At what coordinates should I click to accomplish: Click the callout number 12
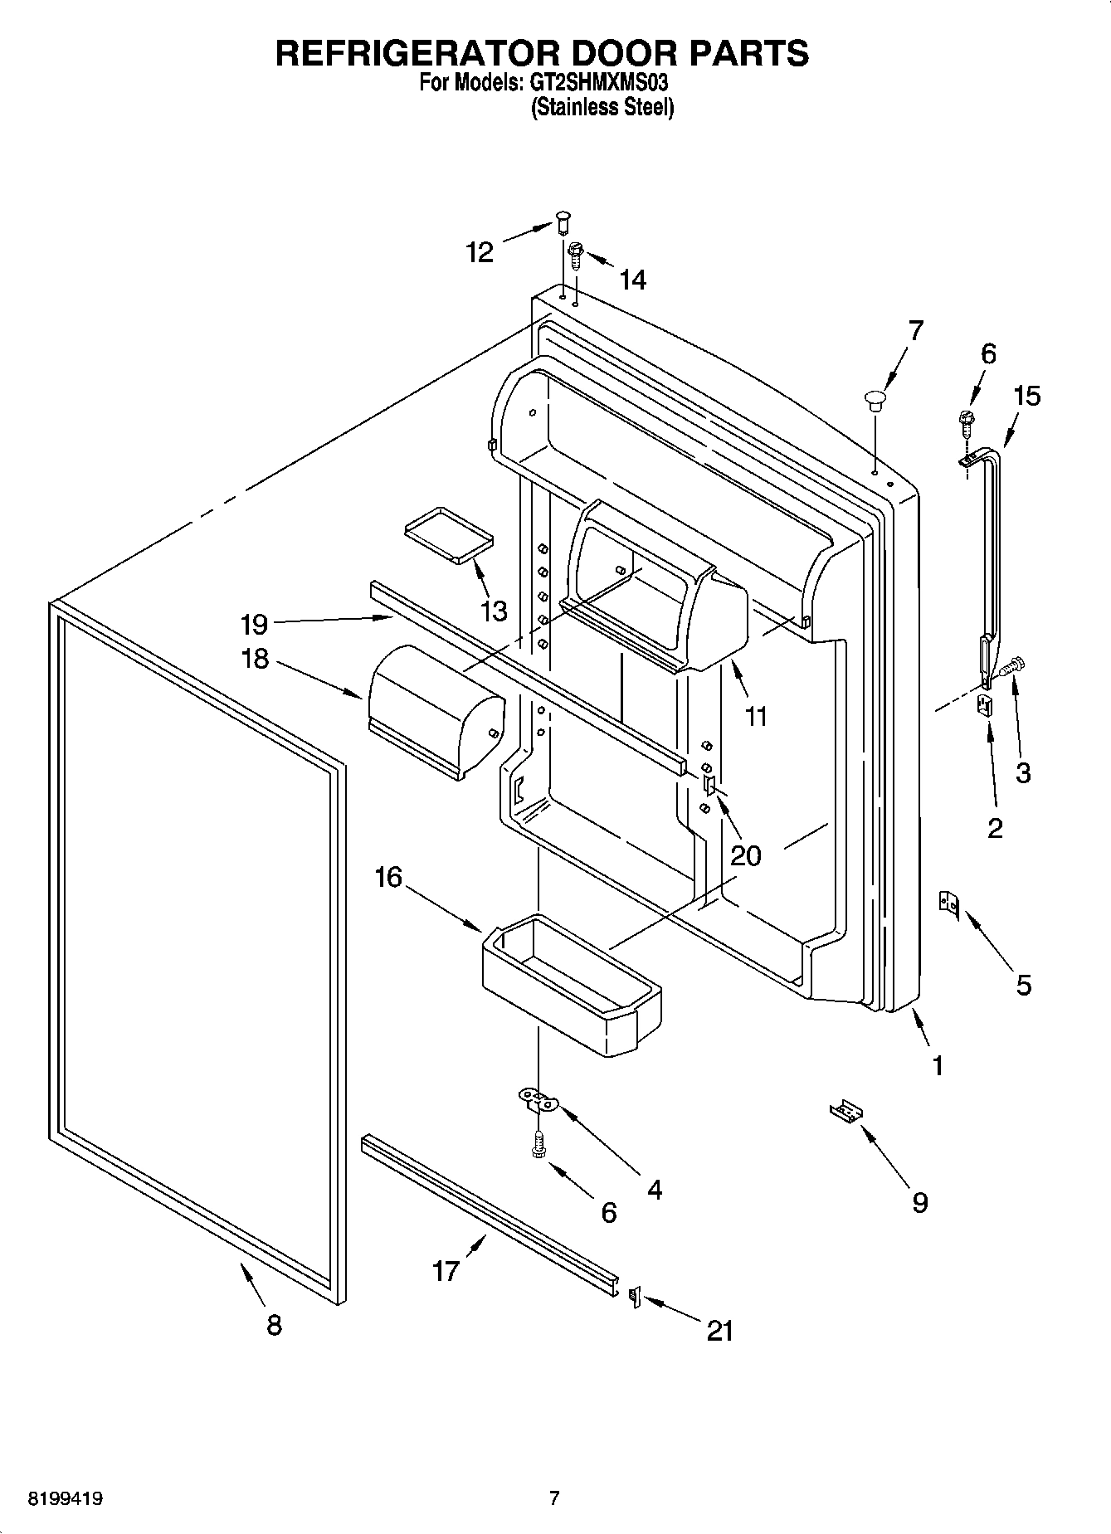click(480, 251)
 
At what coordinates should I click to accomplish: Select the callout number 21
click(719, 1330)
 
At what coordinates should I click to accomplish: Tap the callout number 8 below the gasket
click(274, 1325)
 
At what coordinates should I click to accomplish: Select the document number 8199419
click(66, 1499)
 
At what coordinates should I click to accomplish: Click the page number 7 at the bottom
click(554, 1498)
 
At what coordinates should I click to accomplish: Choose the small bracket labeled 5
click(948, 903)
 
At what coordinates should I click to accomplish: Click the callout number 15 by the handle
click(1026, 396)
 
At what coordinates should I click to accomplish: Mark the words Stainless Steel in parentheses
click(602, 107)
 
